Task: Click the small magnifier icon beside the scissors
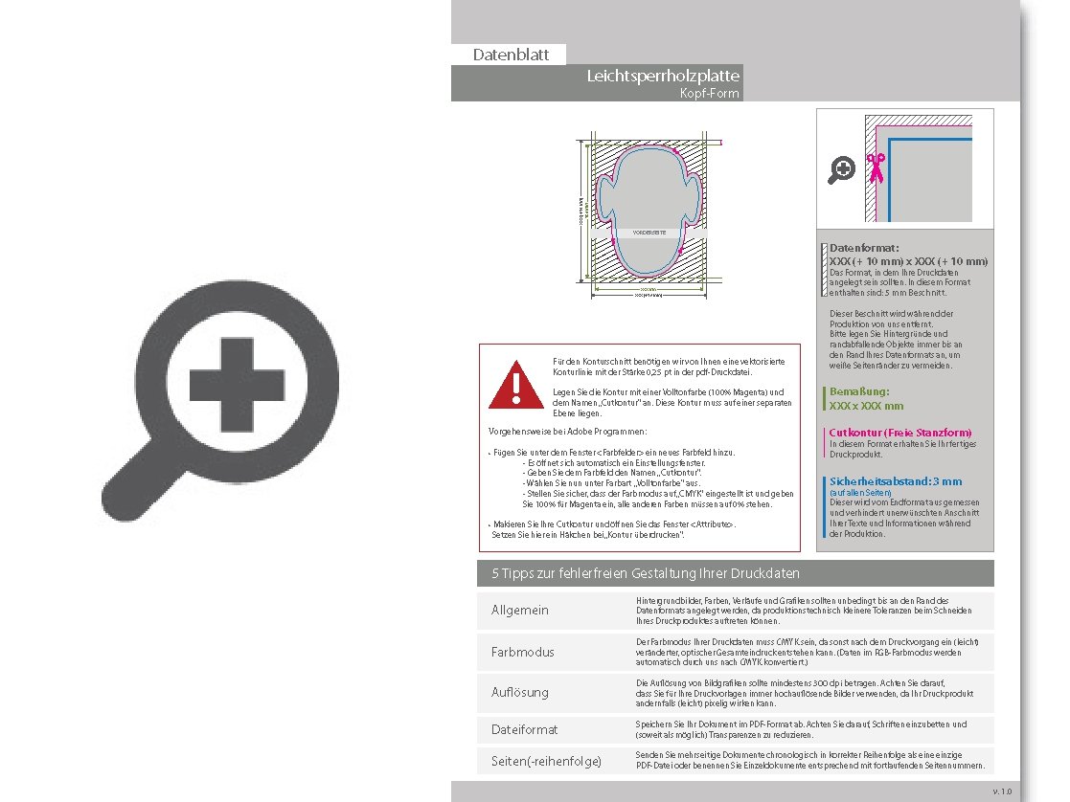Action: (x=842, y=169)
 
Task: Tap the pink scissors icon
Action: (x=875, y=167)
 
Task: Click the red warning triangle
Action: (x=515, y=385)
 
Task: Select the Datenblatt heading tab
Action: (x=511, y=55)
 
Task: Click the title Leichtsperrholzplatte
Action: (x=663, y=76)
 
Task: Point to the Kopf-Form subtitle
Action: (x=709, y=94)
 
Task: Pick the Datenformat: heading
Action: (x=864, y=248)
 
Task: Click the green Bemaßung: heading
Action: (x=859, y=391)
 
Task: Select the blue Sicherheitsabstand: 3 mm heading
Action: (x=896, y=481)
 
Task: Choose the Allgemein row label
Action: (x=520, y=610)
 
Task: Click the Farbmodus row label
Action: (x=523, y=652)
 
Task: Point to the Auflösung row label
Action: (x=520, y=692)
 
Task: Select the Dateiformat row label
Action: (x=524, y=729)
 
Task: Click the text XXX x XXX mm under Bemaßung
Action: (x=866, y=406)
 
